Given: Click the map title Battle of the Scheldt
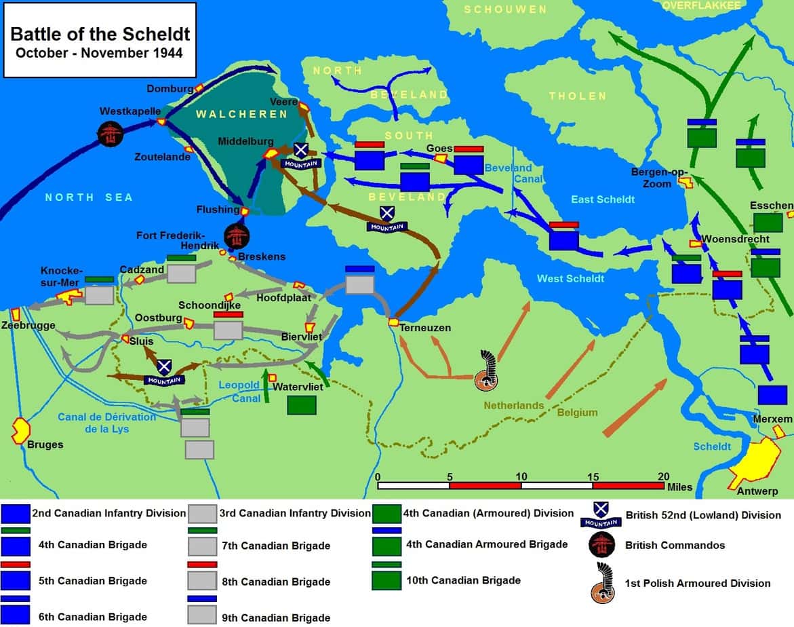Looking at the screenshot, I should coord(100,34).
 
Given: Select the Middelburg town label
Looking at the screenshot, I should coord(245,141).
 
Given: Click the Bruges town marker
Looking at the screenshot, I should coord(21,430).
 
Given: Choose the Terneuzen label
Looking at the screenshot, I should coord(425,328).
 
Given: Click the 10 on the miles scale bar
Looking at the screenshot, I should coord(521,476).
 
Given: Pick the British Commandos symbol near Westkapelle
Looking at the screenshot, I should coord(108,134).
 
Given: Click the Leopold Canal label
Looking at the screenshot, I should coord(239,392).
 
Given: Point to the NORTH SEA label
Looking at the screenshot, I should coord(89,197).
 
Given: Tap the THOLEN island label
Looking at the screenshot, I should coord(578,96).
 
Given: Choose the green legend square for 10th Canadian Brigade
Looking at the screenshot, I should coord(386,579).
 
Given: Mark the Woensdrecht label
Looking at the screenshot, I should coord(735,239).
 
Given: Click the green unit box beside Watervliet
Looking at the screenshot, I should coord(301,404).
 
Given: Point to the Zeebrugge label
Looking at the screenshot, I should coord(28,326).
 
